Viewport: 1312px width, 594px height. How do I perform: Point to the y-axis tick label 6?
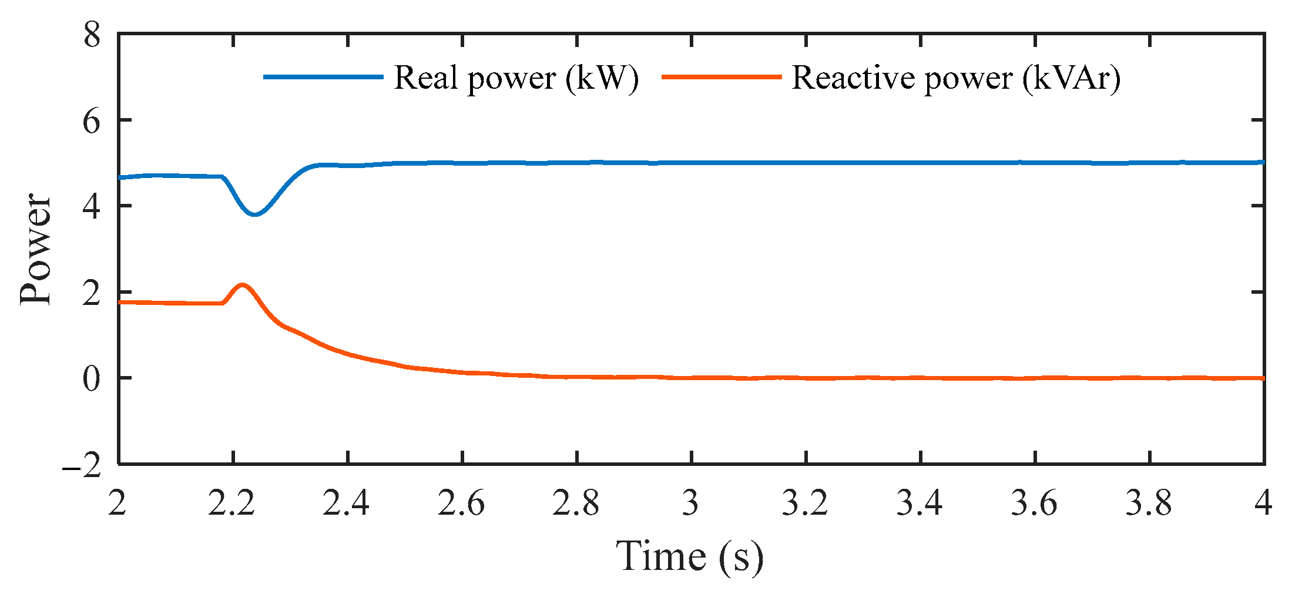pyautogui.click(x=92, y=122)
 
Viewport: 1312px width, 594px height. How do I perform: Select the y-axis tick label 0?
pyautogui.click(x=92, y=379)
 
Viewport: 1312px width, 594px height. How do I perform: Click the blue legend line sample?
pyautogui.click(x=323, y=77)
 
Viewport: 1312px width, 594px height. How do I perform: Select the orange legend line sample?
pyautogui.click(x=722, y=77)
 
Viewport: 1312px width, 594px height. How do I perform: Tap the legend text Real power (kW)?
pyautogui.click(x=516, y=78)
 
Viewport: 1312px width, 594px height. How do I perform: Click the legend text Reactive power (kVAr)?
pyautogui.click(x=956, y=78)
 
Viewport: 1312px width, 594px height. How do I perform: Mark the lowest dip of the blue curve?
pyautogui.click(x=254, y=214)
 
